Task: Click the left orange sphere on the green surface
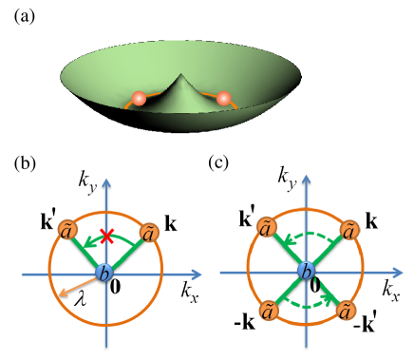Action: [139, 98]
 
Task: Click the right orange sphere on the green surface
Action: [225, 98]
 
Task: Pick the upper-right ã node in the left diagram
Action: [149, 233]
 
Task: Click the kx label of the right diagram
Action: [392, 288]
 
